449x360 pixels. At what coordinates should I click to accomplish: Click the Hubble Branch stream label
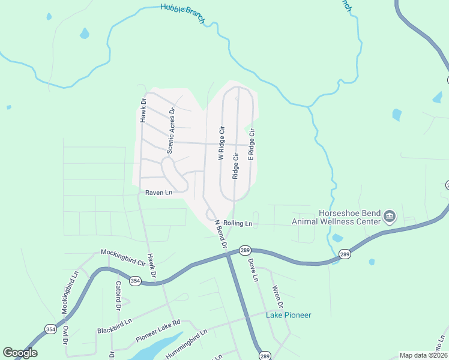182,14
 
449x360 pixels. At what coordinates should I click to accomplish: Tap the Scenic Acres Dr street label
170,131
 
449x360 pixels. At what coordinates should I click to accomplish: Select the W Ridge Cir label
221,143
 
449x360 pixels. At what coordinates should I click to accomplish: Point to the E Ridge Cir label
252,144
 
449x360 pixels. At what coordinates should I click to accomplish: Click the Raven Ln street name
158,193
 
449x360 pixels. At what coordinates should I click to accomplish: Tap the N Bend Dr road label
220,234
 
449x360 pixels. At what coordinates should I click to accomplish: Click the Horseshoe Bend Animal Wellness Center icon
390,216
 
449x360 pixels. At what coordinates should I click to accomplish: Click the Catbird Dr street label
119,295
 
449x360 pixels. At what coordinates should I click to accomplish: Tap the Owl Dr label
66,335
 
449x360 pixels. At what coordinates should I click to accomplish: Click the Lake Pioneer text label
289,315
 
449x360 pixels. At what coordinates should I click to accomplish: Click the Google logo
20,353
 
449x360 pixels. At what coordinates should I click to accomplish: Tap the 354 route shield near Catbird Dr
136,281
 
